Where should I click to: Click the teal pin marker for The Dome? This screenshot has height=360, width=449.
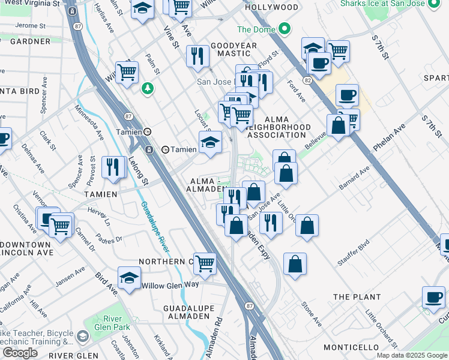(x=285, y=29)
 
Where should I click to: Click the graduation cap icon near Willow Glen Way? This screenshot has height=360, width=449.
(x=130, y=277)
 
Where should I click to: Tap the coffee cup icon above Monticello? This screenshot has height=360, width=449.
(x=433, y=297)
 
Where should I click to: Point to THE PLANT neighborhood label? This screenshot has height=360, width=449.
(x=357, y=297)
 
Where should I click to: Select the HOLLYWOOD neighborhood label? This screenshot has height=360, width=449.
(x=272, y=8)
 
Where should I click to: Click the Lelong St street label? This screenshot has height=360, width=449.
(x=139, y=170)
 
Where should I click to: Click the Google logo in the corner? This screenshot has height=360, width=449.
(x=20, y=353)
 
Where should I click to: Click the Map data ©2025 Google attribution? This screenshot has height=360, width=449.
(x=411, y=355)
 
